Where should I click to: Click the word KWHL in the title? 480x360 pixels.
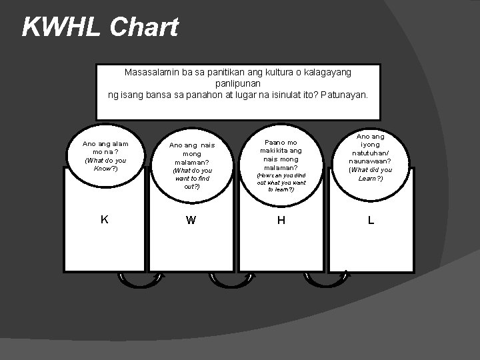[60, 27]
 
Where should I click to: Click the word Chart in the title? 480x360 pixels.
[144, 27]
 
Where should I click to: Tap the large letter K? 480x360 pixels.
[105, 219]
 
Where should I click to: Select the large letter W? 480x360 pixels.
[191, 221]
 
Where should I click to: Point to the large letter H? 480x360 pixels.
[281, 221]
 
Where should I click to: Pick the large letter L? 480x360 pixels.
[371, 220]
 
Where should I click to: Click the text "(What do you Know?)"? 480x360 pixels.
[105, 163]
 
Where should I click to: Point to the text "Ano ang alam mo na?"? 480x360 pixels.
[105, 147]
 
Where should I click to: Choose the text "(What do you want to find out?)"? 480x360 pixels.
[191, 179]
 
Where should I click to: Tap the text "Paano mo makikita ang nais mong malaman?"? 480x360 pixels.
[281, 155]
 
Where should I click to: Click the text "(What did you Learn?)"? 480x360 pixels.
[371, 174]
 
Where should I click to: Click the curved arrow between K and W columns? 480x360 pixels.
[139, 283]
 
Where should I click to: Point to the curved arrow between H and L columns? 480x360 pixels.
[326, 283]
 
